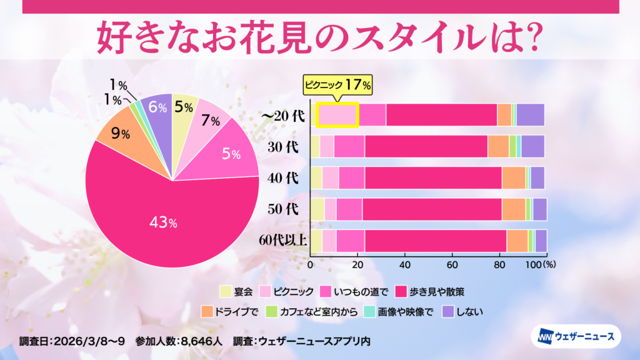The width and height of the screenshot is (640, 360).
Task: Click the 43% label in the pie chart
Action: tap(163, 222)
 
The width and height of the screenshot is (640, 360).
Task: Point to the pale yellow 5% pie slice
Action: tap(184, 107)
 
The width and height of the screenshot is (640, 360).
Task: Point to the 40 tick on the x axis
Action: tap(404, 264)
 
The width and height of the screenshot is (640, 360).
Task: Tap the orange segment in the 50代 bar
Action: tap(514, 209)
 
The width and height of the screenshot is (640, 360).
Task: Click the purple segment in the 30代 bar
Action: tap(532, 146)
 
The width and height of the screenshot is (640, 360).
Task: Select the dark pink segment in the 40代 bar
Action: tap(433, 177)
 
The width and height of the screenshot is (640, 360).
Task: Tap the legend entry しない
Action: tap(463, 311)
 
